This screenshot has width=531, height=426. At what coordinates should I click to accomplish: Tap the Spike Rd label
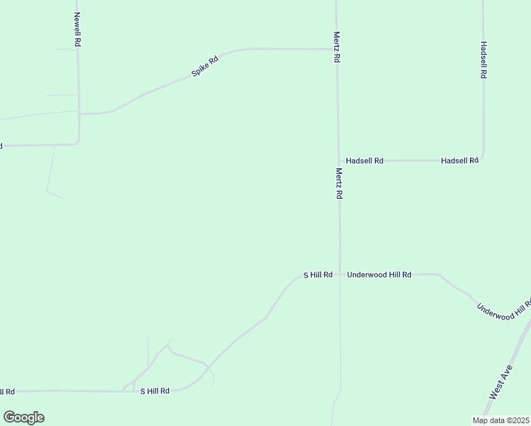[204, 67]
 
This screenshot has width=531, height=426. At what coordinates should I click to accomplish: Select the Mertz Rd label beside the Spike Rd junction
[337, 47]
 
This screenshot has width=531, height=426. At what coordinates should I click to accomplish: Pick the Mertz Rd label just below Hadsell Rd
[339, 183]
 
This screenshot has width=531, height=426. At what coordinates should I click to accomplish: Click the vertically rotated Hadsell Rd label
[483, 59]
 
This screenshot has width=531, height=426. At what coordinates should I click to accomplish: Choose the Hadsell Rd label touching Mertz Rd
[364, 161]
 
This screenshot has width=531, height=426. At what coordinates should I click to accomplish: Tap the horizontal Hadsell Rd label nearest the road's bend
[459, 161]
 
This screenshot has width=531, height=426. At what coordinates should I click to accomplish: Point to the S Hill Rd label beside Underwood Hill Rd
[318, 275]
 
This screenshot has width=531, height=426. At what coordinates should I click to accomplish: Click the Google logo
[23, 417]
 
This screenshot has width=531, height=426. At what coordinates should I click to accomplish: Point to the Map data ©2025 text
[500, 420]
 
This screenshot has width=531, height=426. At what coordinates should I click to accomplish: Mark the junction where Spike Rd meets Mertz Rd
[336, 50]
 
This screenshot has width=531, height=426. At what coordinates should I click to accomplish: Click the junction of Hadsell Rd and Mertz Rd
[339, 160]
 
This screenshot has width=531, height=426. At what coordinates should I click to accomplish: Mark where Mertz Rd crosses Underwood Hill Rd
[340, 274]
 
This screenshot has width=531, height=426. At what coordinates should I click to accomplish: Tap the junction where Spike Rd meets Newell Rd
[80, 113]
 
